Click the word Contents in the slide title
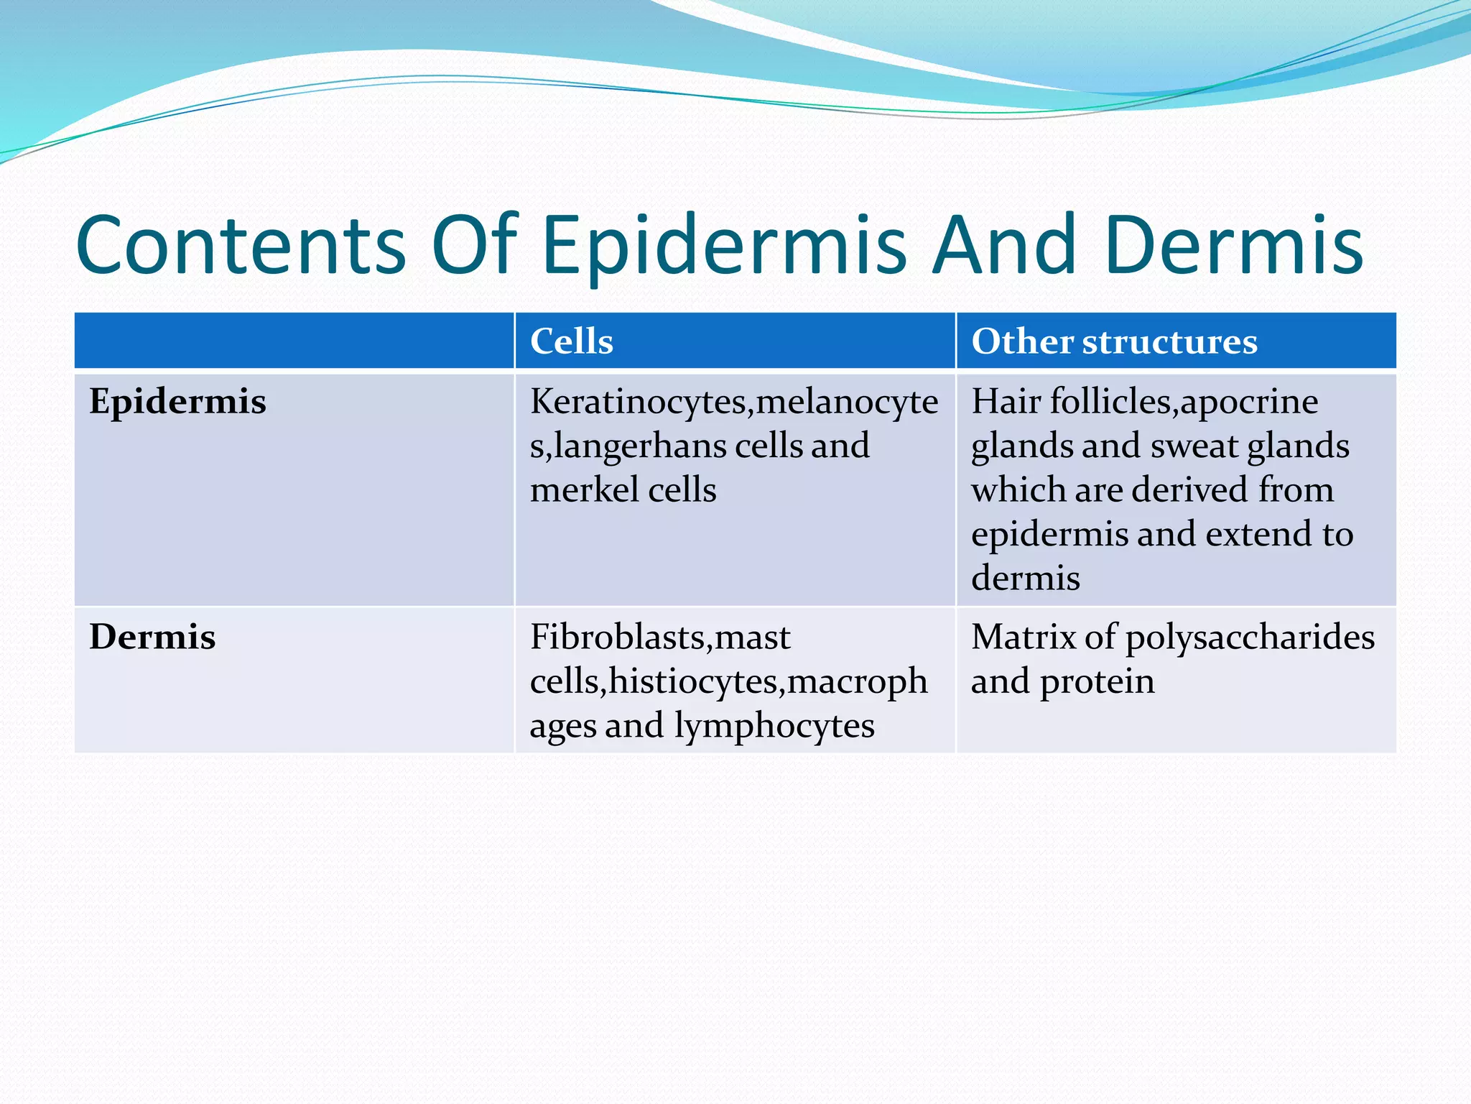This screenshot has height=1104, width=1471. tap(241, 246)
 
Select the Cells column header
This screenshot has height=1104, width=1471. tap(572, 341)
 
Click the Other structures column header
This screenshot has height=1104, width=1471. tap(1114, 341)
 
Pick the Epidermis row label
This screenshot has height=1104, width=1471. tap(177, 402)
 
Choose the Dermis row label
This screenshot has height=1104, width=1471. tap(152, 637)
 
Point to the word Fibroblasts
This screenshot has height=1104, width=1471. tap(618, 638)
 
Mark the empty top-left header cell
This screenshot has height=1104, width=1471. tap(294, 341)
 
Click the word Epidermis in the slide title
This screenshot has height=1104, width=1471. tap(723, 247)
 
